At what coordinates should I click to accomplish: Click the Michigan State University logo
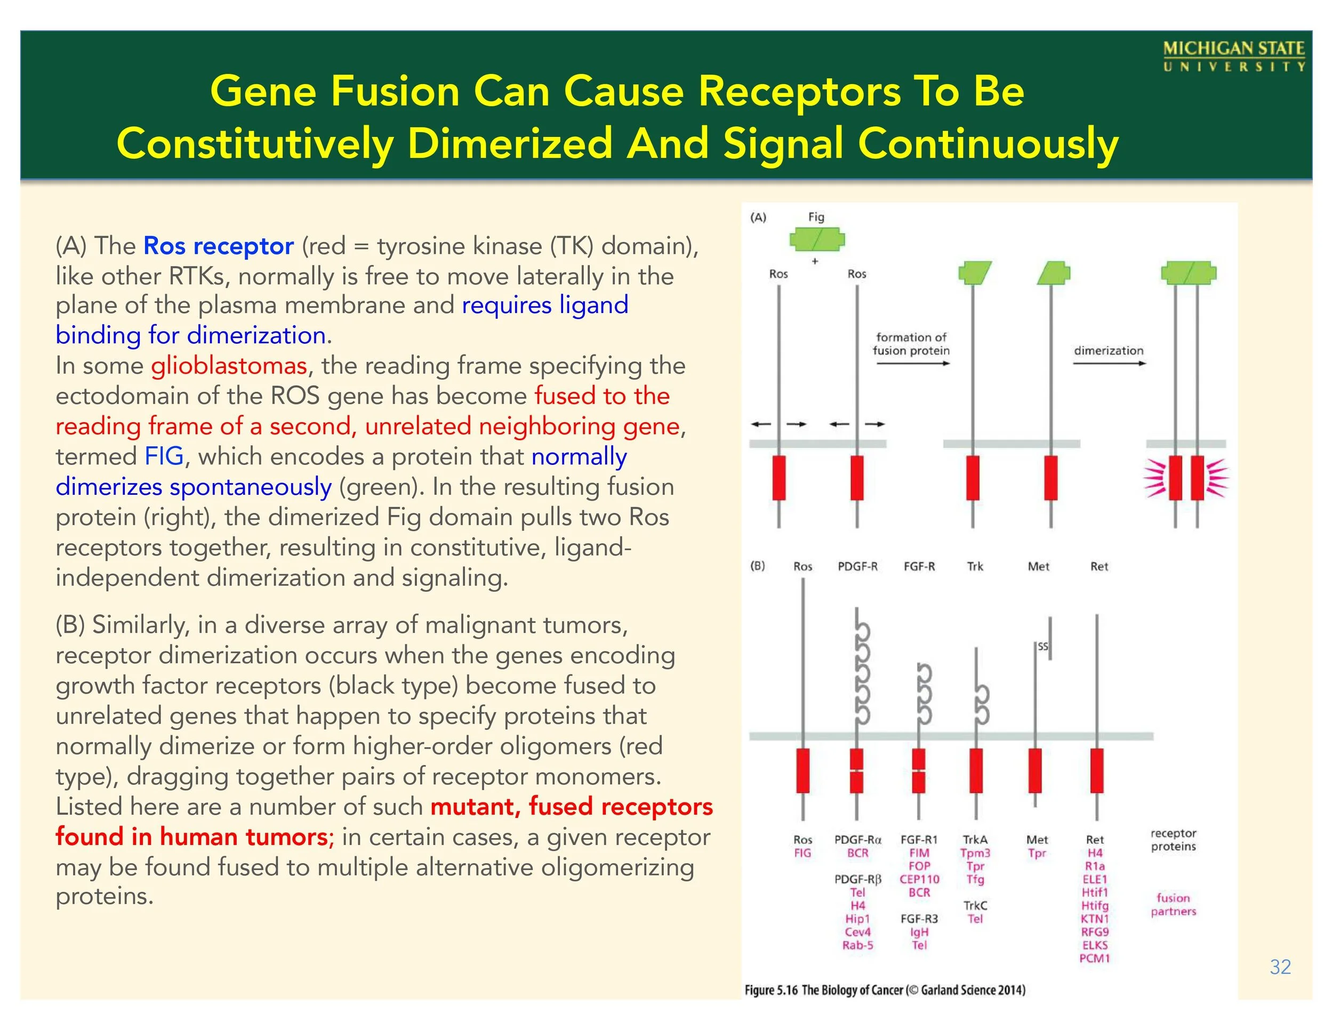(1233, 57)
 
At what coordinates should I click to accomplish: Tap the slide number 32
(1280, 967)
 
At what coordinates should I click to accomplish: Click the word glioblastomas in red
(229, 366)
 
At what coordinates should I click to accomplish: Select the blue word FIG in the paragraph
(164, 456)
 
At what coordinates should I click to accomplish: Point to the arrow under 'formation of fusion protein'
(912, 364)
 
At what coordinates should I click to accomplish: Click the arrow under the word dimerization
(1109, 364)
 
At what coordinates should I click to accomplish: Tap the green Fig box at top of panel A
(817, 240)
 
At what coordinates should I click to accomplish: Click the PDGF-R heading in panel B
(857, 566)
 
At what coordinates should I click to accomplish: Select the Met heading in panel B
(1038, 566)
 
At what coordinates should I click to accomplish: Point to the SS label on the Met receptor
(1043, 647)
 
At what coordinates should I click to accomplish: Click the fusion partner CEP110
(919, 879)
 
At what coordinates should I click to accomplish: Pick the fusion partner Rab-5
(857, 945)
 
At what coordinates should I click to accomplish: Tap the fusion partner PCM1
(1094, 958)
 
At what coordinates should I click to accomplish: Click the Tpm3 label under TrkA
(975, 853)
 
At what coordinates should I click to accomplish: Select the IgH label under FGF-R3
(919, 932)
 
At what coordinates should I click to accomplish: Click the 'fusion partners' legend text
(1173, 905)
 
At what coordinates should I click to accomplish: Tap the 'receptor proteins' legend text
(1173, 840)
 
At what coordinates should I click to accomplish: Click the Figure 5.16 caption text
(885, 989)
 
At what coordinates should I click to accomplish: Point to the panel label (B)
(758, 566)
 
